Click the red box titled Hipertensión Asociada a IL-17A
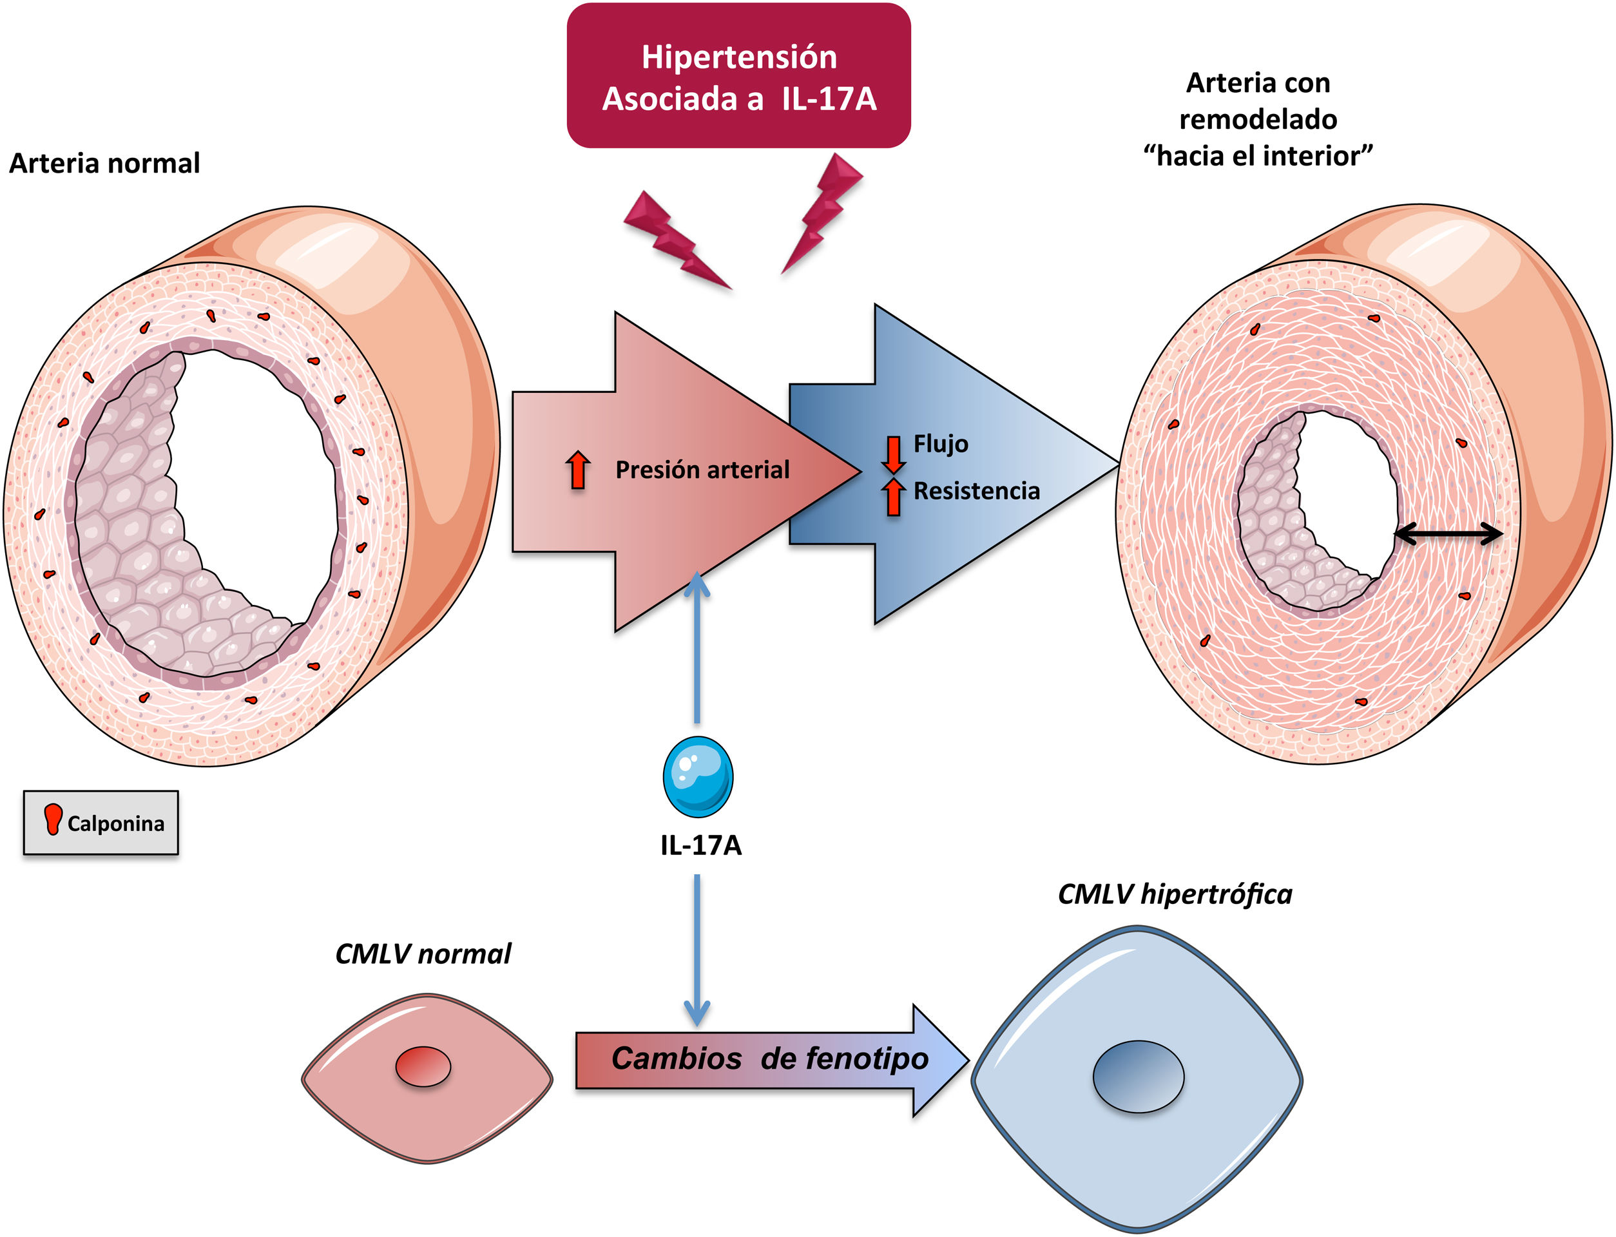(x=738, y=76)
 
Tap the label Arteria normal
(x=104, y=163)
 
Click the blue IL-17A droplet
(x=697, y=776)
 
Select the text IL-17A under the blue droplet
(x=701, y=845)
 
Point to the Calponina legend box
(x=101, y=823)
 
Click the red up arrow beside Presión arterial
(x=578, y=470)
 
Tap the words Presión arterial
(x=702, y=470)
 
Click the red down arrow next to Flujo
(x=893, y=453)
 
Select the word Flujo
(x=940, y=444)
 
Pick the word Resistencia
(x=976, y=491)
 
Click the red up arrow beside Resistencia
(x=893, y=497)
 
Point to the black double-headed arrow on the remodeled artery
(x=1448, y=534)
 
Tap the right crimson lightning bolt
(x=823, y=210)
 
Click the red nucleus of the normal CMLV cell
(x=423, y=1066)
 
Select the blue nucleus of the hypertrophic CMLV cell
(x=1137, y=1077)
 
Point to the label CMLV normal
(x=423, y=954)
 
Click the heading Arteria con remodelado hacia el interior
(x=1258, y=119)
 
